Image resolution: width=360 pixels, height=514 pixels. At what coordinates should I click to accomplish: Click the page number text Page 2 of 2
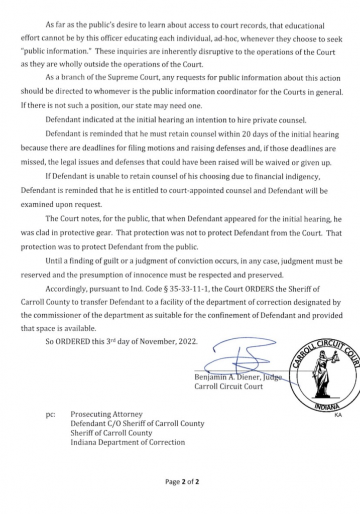[183, 482]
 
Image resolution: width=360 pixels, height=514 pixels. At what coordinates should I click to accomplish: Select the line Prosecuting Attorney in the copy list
[106, 414]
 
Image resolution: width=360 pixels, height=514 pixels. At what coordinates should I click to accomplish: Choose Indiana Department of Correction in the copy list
[128, 442]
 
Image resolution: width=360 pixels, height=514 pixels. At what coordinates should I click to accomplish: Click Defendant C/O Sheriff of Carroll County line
[138, 424]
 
